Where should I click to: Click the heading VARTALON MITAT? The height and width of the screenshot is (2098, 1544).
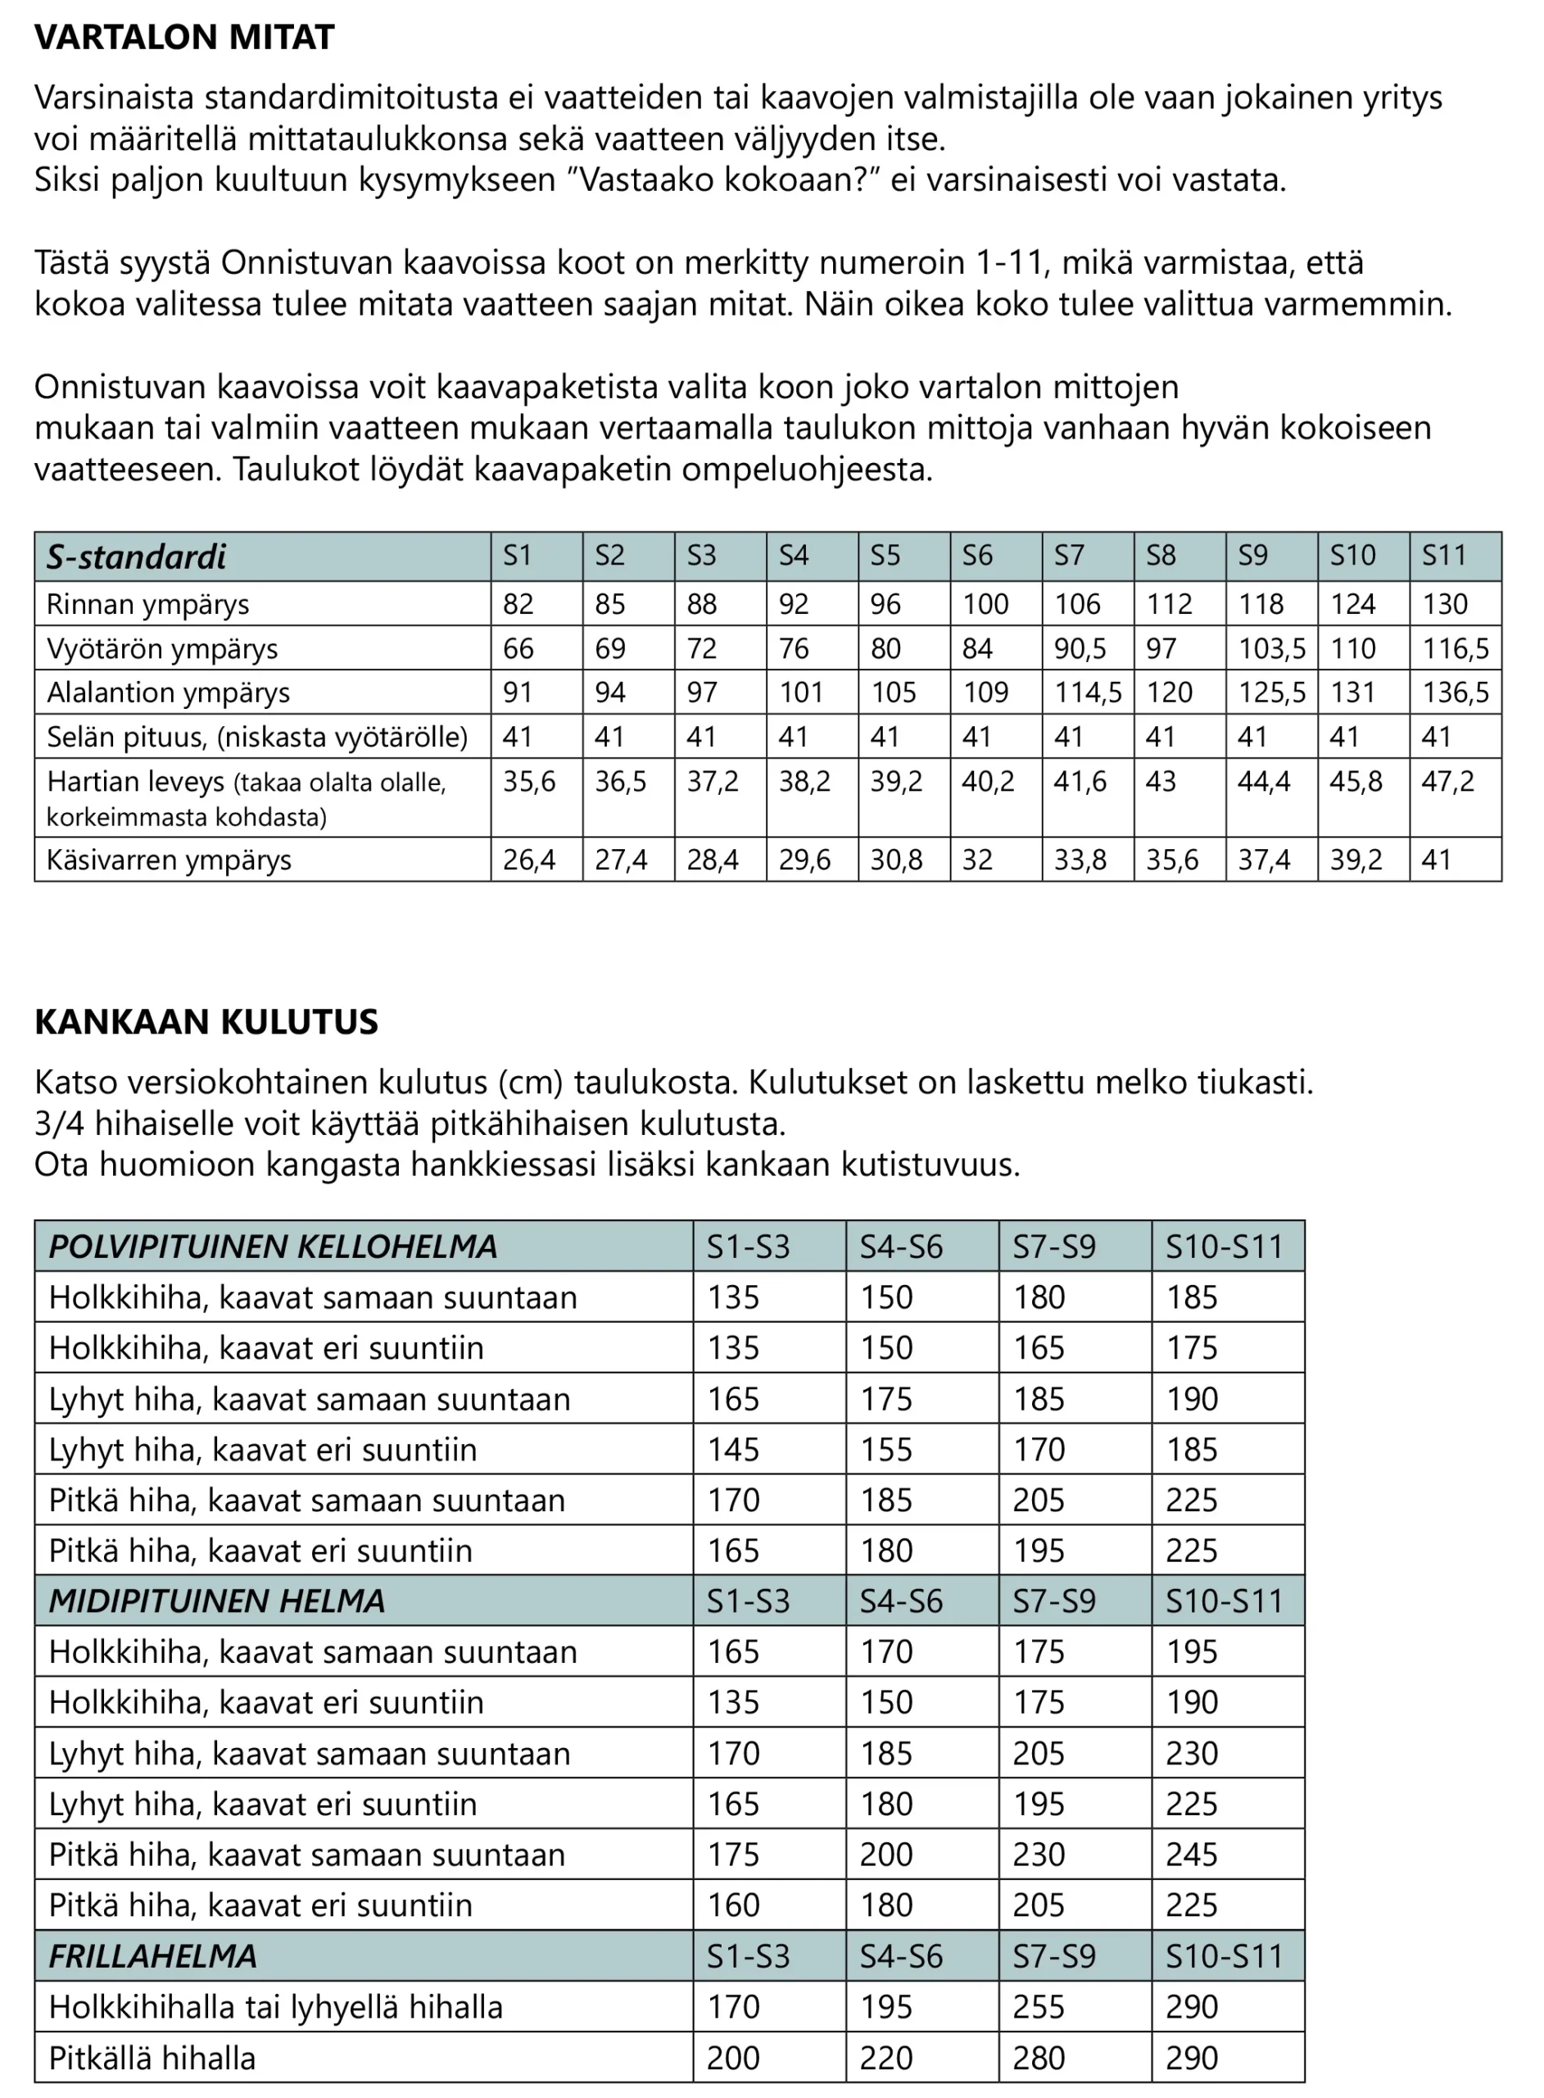[x=184, y=38]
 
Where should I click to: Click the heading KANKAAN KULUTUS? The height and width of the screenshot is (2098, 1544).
[x=206, y=1022]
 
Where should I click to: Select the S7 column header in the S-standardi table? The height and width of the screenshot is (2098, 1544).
[x=1069, y=556]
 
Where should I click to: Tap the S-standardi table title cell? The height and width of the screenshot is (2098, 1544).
[x=137, y=557]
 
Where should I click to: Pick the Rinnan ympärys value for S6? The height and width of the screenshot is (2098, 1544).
[x=985, y=604]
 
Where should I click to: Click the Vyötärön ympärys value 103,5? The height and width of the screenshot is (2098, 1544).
[x=1271, y=649]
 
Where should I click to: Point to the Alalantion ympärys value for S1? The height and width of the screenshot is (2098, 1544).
[x=518, y=693]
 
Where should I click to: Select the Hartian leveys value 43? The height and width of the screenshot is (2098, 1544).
[x=1161, y=782]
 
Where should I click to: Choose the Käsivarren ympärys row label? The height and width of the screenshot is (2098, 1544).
[x=170, y=861]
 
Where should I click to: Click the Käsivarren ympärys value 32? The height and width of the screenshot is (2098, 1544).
[x=978, y=861]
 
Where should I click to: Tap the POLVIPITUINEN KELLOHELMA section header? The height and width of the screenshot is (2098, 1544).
[x=273, y=1247]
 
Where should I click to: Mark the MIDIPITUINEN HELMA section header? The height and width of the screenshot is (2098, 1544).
[x=217, y=1601]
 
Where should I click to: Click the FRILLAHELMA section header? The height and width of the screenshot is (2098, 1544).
[x=152, y=1956]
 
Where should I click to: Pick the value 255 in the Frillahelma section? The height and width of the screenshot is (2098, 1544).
[x=1039, y=2007]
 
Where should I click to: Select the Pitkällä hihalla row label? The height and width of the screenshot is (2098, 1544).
[x=152, y=2059]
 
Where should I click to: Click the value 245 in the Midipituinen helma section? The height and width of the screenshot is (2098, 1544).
[x=1192, y=1855]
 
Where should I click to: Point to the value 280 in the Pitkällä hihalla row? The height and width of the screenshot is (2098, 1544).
[x=1039, y=2059]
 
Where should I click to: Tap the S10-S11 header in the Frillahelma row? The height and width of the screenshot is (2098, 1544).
[x=1225, y=1957]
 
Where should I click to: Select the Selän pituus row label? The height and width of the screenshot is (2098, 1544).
[x=257, y=738]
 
